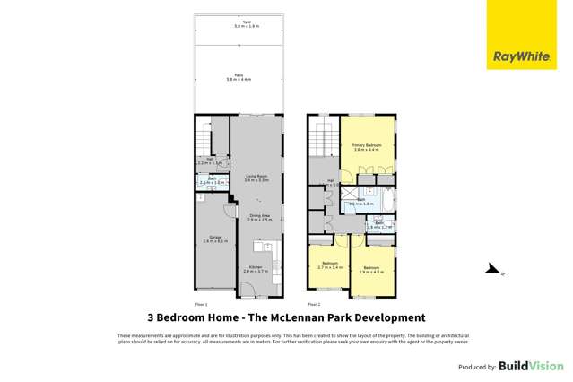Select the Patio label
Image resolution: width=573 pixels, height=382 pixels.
[238, 78]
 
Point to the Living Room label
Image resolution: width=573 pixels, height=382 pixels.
[256, 178]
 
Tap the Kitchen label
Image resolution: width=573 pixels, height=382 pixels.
[256, 269]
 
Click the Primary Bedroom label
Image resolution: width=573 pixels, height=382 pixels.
[367, 147]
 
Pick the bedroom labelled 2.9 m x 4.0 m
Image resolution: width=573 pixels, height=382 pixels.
[371, 269]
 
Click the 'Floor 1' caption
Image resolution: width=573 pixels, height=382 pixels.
[202, 305]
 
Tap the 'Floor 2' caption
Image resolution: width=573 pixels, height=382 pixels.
[313, 305]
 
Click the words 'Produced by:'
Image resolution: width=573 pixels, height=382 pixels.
[477, 368]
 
